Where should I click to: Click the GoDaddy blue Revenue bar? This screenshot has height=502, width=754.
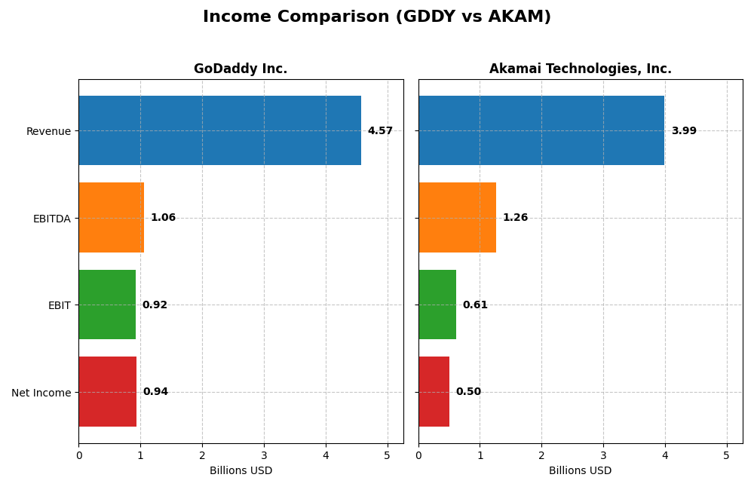(219, 130)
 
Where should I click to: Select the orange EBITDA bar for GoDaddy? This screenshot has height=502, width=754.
(111, 218)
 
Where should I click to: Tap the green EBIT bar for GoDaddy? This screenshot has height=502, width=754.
(107, 305)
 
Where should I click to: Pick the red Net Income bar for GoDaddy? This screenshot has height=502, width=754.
(107, 392)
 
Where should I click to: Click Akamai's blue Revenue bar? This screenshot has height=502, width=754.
(541, 130)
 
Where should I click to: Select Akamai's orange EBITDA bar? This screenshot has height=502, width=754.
(457, 218)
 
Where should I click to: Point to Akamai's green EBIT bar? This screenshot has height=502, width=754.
(437, 305)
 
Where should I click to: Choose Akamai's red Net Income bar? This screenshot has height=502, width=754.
(434, 392)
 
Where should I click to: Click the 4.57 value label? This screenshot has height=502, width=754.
(380, 131)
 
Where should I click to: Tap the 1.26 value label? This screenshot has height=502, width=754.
(515, 218)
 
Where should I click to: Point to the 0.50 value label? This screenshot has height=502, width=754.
(468, 392)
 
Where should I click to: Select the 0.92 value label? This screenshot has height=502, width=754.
(155, 305)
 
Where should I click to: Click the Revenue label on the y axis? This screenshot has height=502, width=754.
(48, 132)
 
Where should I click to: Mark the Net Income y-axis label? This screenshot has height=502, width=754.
(41, 393)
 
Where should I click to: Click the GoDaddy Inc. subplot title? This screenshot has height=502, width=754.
(241, 69)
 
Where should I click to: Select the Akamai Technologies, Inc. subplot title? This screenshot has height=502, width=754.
(580, 69)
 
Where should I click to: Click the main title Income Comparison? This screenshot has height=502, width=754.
(377, 17)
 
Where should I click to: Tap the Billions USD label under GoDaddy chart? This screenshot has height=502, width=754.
(241, 471)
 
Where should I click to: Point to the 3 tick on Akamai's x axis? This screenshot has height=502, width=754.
(603, 455)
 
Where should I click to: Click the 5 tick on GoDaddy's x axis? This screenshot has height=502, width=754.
(388, 455)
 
